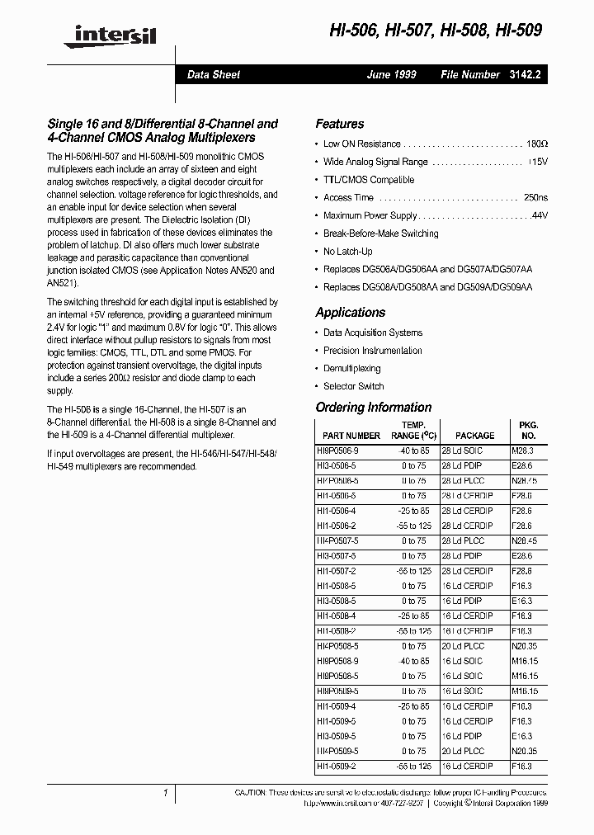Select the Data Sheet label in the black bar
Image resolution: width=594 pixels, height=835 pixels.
tap(213, 74)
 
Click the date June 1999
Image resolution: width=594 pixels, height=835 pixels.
tap(391, 74)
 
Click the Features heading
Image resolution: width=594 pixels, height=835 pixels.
tap(339, 124)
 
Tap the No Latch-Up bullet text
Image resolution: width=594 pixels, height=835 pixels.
tap(347, 252)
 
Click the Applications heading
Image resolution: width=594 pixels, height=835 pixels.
tap(350, 313)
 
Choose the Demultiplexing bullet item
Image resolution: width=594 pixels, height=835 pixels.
tap(351, 369)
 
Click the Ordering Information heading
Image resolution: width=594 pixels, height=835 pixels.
tap(373, 408)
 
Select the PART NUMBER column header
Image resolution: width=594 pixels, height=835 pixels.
tap(351, 436)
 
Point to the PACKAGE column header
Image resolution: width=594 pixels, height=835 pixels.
tap(475, 436)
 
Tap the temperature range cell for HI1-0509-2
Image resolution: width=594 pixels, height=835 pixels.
tap(414, 767)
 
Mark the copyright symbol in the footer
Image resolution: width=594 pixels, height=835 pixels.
tap(467, 801)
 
